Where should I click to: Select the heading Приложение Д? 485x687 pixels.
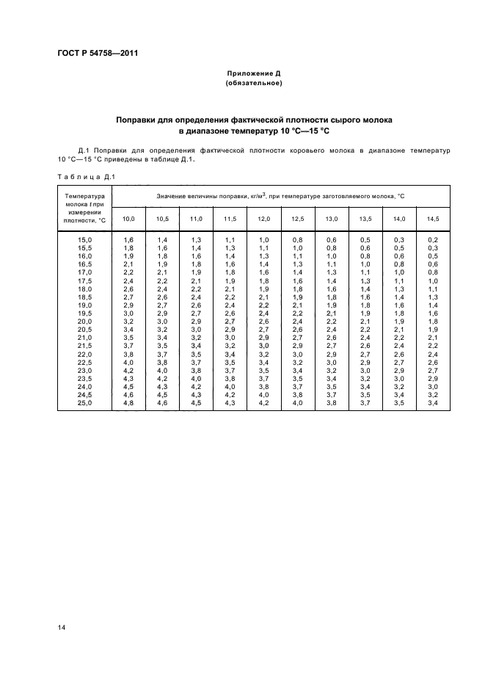(x=253, y=74)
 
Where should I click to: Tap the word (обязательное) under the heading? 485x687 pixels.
(x=253, y=84)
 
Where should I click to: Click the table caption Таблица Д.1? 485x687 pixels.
(x=85, y=176)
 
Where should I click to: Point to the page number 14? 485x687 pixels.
(x=62, y=625)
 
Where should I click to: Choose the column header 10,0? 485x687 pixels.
(x=128, y=219)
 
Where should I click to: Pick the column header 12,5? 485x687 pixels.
(x=298, y=219)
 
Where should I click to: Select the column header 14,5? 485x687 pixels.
(x=432, y=219)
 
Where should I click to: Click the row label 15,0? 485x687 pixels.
(x=85, y=240)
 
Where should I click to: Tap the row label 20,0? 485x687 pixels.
(x=85, y=321)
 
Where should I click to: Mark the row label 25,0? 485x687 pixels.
(x=85, y=402)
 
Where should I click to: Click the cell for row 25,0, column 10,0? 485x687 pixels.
(x=128, y=402)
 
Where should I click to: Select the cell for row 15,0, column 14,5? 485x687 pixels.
(x=432, y=240)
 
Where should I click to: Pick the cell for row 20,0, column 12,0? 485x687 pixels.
(x=264, y=321)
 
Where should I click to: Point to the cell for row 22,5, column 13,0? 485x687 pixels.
(x=332, y=362)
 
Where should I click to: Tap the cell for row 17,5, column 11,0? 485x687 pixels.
(x=196, y=280)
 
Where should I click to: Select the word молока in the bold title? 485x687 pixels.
(x=373, y=119)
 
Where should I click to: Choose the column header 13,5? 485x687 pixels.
(x=365, y=219)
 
